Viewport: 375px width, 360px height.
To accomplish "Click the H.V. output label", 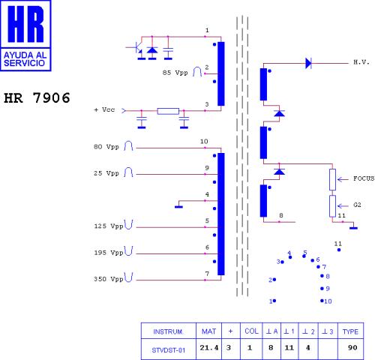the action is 361,62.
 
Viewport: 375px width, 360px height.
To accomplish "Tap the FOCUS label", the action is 364,178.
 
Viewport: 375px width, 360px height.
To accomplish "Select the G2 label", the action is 357,205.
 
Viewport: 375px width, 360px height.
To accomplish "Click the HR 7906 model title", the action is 37,97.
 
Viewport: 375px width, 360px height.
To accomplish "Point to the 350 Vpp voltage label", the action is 109,279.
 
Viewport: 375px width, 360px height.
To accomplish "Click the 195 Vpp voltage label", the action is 109,253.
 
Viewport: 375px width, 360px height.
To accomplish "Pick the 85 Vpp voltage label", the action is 175,73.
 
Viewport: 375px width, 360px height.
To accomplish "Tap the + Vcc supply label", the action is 104,109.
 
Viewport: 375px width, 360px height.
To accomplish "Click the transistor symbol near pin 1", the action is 136,48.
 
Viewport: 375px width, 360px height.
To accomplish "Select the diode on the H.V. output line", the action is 308,63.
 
